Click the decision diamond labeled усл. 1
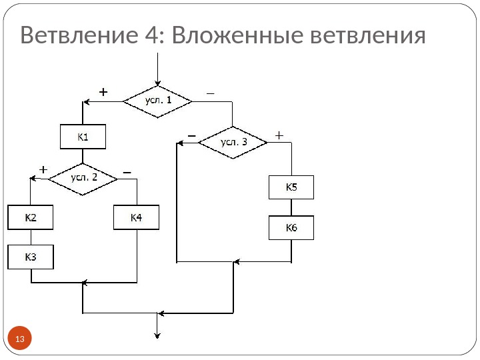(x=157, y=101)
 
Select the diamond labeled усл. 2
(x=84, y=177)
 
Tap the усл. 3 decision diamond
(x=233, y=142)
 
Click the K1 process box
(x=83, y=138)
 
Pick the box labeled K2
(x=31, y=217)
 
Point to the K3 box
(x=31, y=257)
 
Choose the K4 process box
(x=137, y=217)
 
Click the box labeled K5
(x=291, y=187)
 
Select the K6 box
(x=291, y=228)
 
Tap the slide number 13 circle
(x=19, y=341)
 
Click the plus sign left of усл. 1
(x=103, y=92)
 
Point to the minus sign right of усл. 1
(x=211, y=93)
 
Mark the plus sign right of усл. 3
(x=279, y=134)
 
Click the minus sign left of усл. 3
(x=192, y=134)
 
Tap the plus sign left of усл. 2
(x=43, y=169)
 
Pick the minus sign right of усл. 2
(x=127, y=170)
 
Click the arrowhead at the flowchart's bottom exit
(x=157, y=335)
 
